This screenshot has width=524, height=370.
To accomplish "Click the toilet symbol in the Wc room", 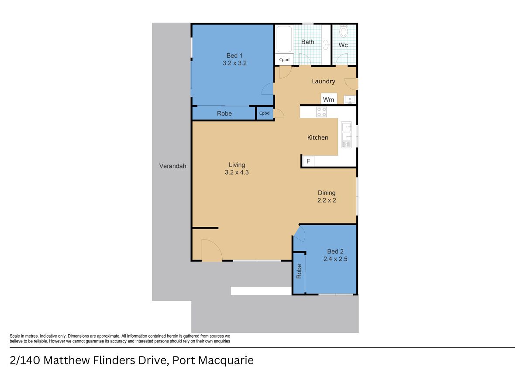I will click(343, 31).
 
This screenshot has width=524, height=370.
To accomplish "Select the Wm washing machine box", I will click(328, 99).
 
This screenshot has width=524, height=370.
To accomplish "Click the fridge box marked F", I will click(308, 161).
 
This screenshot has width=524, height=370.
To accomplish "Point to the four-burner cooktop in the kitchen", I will click(321, 112).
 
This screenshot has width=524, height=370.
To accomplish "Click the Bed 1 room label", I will click(234, 55).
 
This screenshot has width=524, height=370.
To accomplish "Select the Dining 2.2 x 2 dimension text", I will click(326, 200).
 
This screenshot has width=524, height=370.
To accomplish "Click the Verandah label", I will click(172, 166).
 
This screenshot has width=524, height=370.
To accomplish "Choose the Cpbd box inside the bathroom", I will click(284, 60).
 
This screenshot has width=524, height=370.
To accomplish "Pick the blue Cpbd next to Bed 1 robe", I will click(265, 113).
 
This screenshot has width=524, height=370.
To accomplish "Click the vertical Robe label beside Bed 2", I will click(299, 272).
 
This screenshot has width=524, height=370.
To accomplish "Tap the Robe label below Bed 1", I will click(224, 113).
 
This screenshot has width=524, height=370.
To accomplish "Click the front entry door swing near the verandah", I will click(211, 251).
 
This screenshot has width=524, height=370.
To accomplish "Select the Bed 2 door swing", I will click(300, 234).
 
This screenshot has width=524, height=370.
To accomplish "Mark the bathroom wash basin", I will click(326, 44).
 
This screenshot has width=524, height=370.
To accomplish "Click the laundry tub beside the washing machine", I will click(350, 100).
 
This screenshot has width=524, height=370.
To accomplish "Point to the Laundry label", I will click(323, 81).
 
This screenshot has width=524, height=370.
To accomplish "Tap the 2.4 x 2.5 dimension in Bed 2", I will click(335, 259).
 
